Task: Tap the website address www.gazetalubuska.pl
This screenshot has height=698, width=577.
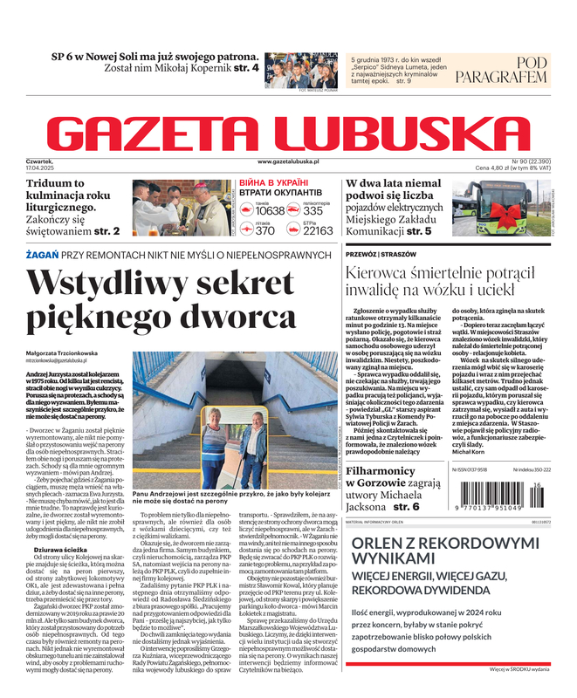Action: point(289,162)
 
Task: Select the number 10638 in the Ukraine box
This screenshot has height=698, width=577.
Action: point(270,211)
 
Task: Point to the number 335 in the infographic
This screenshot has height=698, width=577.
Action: point(313,211)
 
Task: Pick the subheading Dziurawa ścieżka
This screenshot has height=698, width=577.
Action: point(62,525)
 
